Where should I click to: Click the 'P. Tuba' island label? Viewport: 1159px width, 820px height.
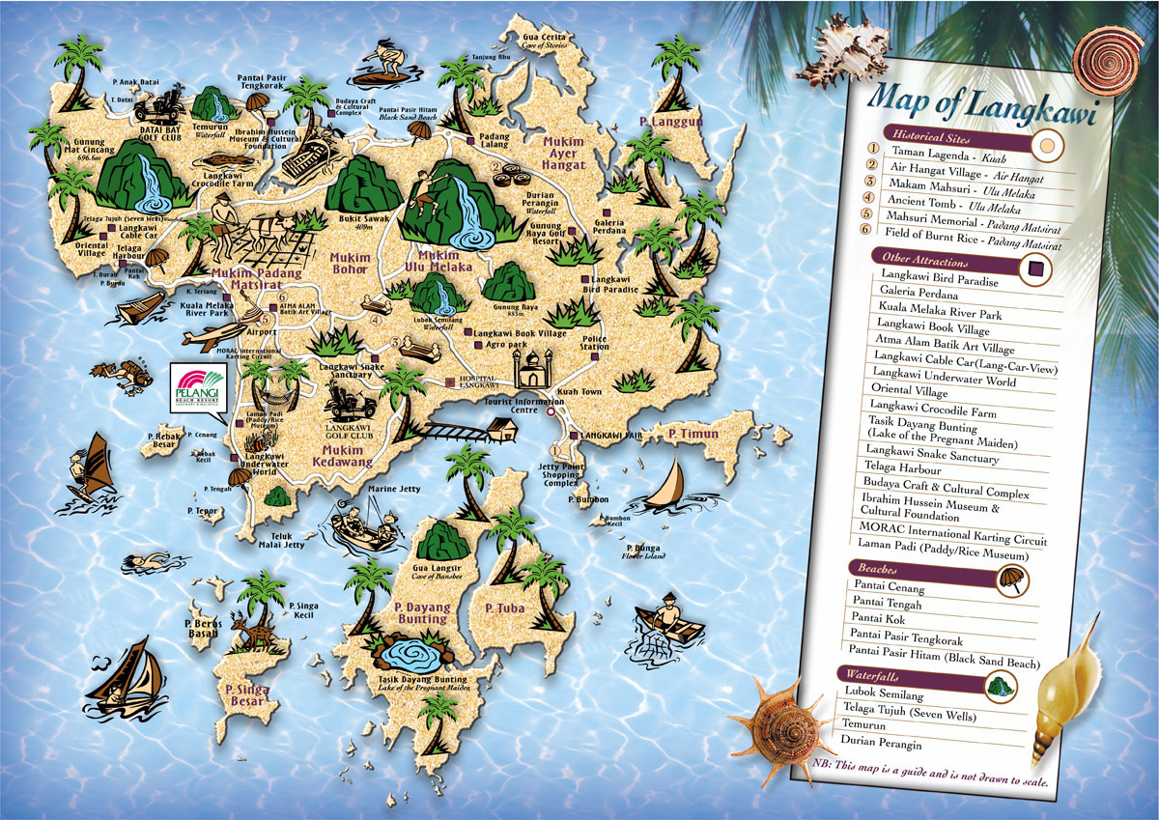(x=503, y=608)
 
